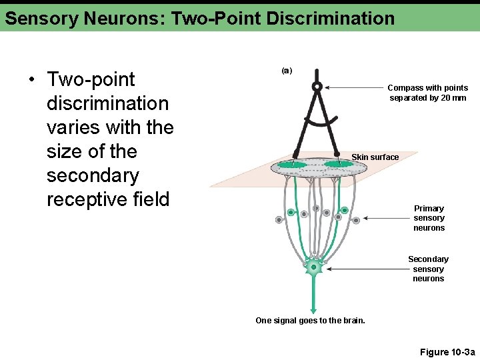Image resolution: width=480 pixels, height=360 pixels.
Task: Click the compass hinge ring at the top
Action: coord(317,86)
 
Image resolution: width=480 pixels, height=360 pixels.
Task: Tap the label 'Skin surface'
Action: coord(375,157)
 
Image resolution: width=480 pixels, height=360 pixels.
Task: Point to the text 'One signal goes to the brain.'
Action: coord(310,321)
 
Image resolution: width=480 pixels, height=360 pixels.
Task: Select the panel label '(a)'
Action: coord(287,70)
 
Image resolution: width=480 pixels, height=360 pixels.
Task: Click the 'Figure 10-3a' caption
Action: coord(447,352)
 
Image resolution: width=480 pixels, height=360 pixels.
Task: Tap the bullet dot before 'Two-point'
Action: coord(31,81)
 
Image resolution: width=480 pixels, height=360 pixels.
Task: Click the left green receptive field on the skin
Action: coord(291,164)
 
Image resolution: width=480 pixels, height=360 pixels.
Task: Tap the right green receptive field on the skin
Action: coord(338,163)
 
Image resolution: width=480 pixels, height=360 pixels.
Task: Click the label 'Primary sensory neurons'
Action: coord(429,218)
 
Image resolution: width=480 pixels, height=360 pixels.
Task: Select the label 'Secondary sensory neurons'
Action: coord(428,269)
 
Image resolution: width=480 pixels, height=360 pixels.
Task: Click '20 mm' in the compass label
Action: coord(453,98)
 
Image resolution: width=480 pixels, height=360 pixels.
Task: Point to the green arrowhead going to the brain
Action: coord(313,309)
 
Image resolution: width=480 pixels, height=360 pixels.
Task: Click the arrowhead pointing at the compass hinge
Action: coord(328,87)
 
